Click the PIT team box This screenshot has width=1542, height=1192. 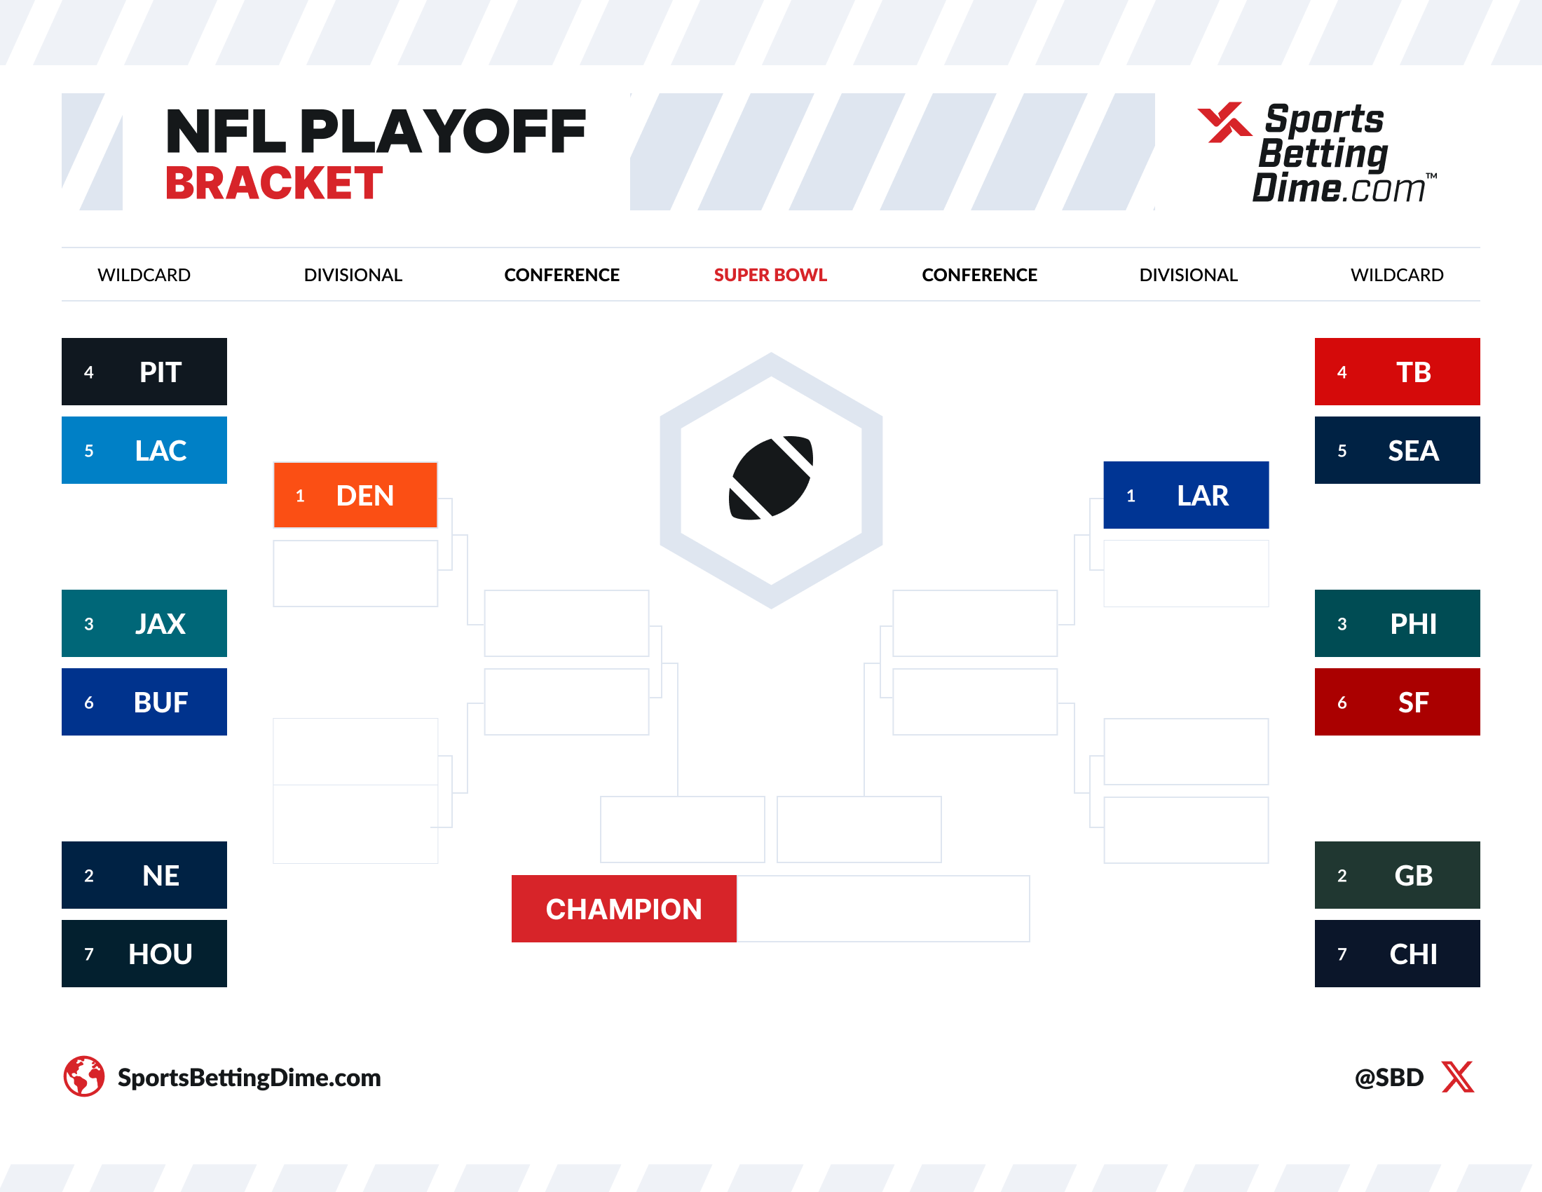(x=144, y=372)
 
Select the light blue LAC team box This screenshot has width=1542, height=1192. (x=144, y=450)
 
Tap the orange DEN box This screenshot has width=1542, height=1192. (x=355, y=495)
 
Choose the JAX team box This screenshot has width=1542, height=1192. (x=144, y=623)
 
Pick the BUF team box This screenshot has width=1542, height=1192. (x=144, y=701)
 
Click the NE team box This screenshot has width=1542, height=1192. (x=144, y=874)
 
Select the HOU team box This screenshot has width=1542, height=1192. (x=144, y=953)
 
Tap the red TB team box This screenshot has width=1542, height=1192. (x=1396, y=372)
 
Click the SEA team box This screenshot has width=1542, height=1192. (x=1396, y=450)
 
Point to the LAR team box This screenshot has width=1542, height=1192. (x=1185, y=494)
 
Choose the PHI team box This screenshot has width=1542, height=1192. (x=1396, y=623)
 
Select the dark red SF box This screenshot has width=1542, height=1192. (x=1396, y=701)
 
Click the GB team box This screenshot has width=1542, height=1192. (x=1396, y=874)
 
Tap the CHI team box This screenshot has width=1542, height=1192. (x=1396, y=953)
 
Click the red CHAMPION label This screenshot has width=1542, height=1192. (x=623, y=908)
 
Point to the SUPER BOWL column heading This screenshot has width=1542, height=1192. (x=770, y=275)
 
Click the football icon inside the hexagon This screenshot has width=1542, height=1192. (x=770, y=478)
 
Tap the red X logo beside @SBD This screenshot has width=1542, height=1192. (x=1457, y=1076)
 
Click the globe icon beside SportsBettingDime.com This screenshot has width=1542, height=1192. (x=84, y=1076)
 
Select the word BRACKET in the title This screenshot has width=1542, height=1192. (x=274, y=184)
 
